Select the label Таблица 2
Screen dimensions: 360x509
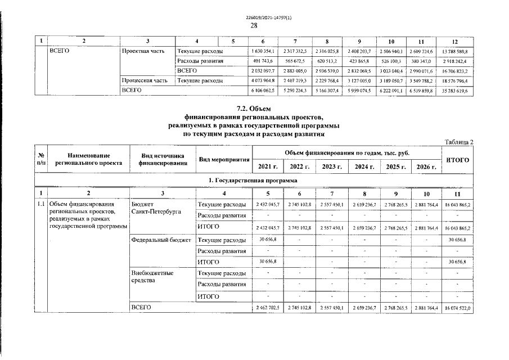(459, 142)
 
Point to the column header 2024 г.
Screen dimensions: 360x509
(363, 167)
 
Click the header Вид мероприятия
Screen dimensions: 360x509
(224, 160)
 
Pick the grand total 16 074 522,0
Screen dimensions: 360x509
(457, 309)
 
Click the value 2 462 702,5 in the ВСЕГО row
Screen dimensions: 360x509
(268, 309)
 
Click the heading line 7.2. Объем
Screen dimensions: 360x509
(254, 108)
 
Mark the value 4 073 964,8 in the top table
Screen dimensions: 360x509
(262, 80)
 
